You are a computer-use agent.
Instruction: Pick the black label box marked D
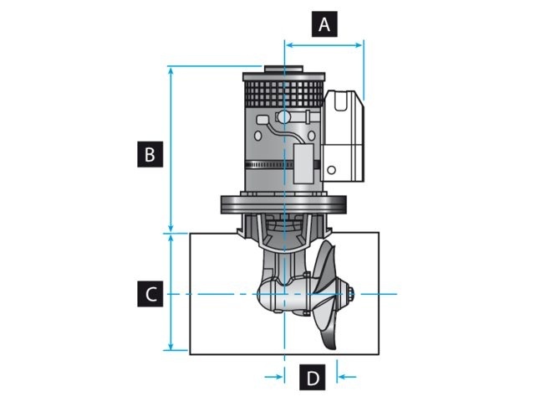[312, 378]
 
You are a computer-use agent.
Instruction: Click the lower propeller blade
[329, 331]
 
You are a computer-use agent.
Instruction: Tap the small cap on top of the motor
[273, 70]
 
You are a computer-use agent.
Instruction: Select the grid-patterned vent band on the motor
[282, 90]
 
